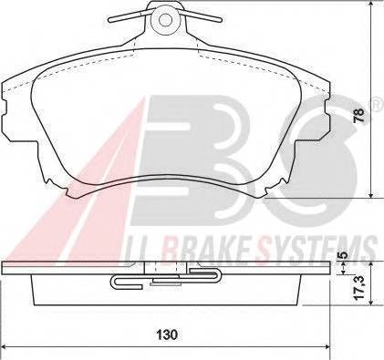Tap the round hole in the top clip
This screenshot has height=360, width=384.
[166, 18]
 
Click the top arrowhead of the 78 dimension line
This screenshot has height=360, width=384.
[373, 10]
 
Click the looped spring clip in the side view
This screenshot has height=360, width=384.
[132, 282]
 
